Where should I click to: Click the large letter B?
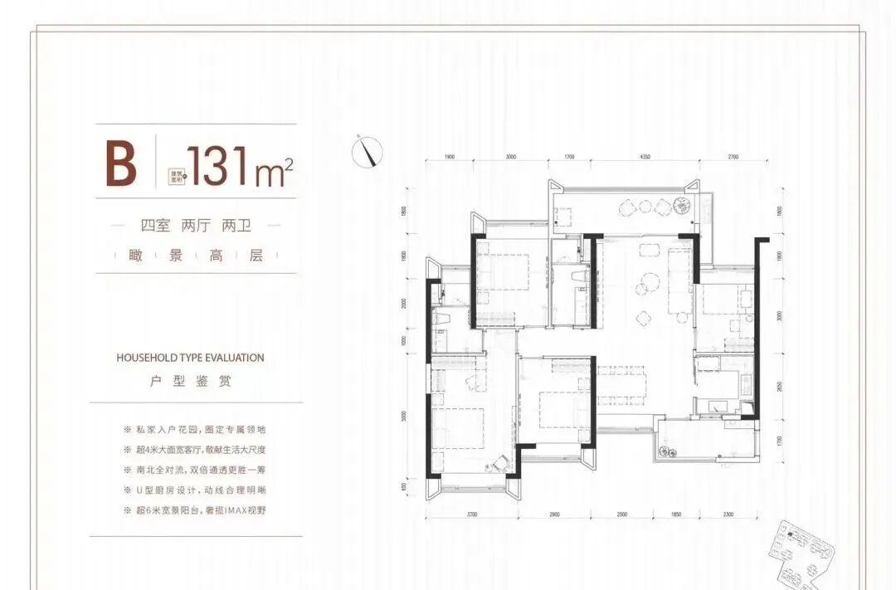click(x=120, y=163)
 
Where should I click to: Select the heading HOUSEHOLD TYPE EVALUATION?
click(x=191, y=358)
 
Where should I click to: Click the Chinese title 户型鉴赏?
click(x=191, y=382)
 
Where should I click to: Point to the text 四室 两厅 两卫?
click(x=190, y=226)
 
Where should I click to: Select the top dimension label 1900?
click(x=449, y=156)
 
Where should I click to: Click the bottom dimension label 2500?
click(x=622, y=515)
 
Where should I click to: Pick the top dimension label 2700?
click(x=733, y=156)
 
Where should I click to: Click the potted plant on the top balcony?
click(x=682, y=204)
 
